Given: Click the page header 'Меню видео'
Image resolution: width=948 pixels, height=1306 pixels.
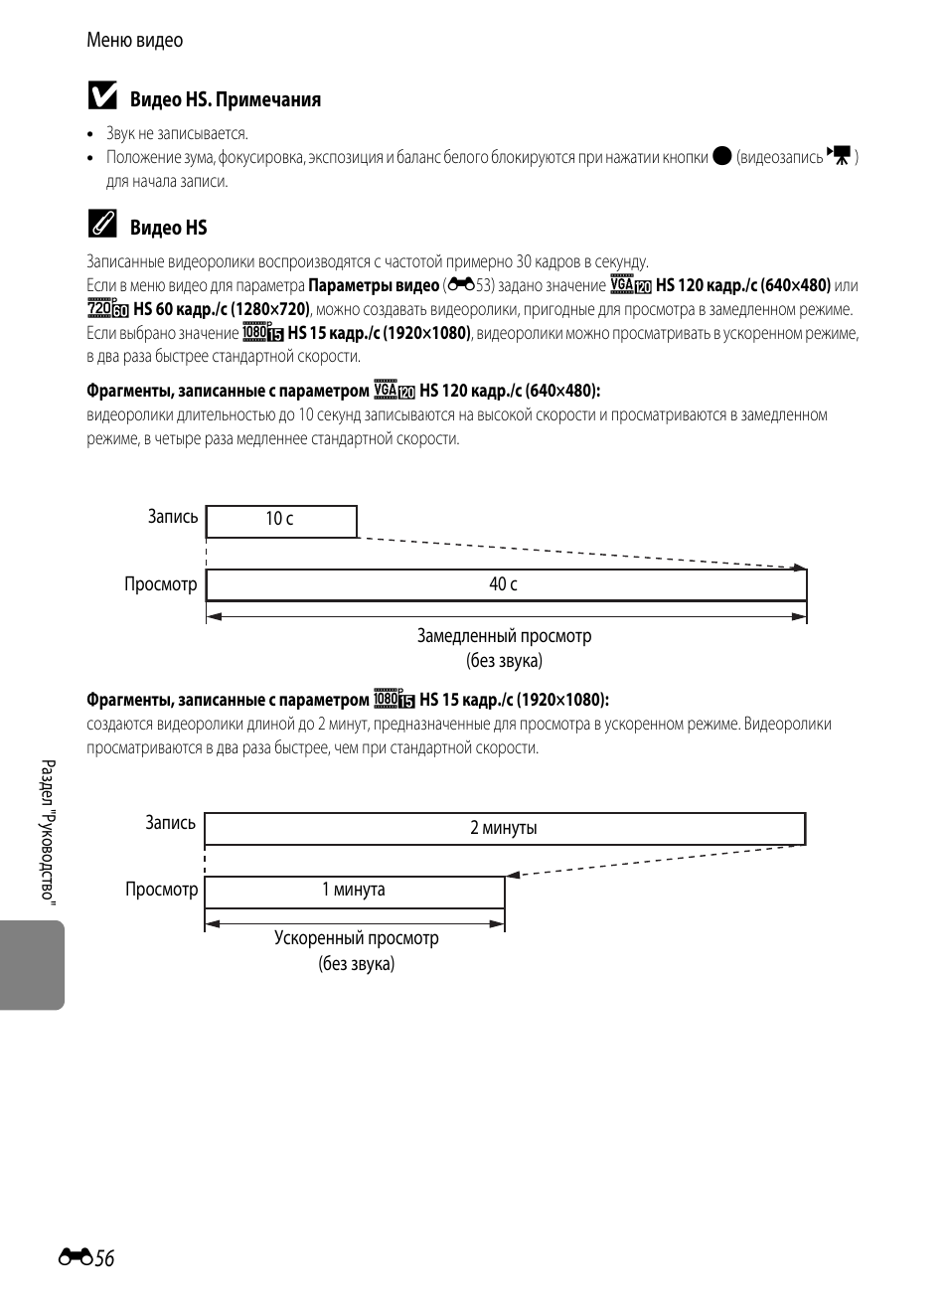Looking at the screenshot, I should (134, 41).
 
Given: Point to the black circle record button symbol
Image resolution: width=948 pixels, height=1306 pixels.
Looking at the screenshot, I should (722, 156).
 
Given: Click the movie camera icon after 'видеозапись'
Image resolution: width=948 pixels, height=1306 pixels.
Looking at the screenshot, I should (840, 155).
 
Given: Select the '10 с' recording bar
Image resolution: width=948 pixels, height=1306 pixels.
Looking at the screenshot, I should (281, 521).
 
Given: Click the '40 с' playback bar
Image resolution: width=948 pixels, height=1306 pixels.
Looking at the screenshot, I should (506, 584).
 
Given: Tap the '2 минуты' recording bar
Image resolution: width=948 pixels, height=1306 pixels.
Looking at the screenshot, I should (504, 828).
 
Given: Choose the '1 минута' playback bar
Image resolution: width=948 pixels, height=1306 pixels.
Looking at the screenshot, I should (354, 891).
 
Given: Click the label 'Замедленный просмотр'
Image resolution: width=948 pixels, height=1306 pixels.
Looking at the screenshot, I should (504, 636).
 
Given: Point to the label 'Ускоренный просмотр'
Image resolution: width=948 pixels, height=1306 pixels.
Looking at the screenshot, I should (356, 938).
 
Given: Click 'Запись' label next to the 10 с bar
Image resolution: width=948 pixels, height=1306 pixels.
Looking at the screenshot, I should (173, 517).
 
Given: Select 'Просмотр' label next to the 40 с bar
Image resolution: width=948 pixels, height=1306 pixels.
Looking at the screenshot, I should (160, 584).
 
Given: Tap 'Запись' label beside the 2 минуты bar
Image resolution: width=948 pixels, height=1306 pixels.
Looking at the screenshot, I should (170, 823).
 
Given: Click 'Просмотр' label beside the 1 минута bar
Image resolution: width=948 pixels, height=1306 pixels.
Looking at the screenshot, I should (161, 890).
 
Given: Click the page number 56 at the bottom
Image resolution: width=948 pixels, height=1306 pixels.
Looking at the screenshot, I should (104, 1258).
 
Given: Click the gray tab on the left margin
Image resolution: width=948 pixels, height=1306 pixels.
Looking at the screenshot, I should (32, 965).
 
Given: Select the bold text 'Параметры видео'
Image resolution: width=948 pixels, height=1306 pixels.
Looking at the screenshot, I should (374, 286).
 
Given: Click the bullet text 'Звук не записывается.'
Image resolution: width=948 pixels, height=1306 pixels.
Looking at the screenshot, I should (177, 134).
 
